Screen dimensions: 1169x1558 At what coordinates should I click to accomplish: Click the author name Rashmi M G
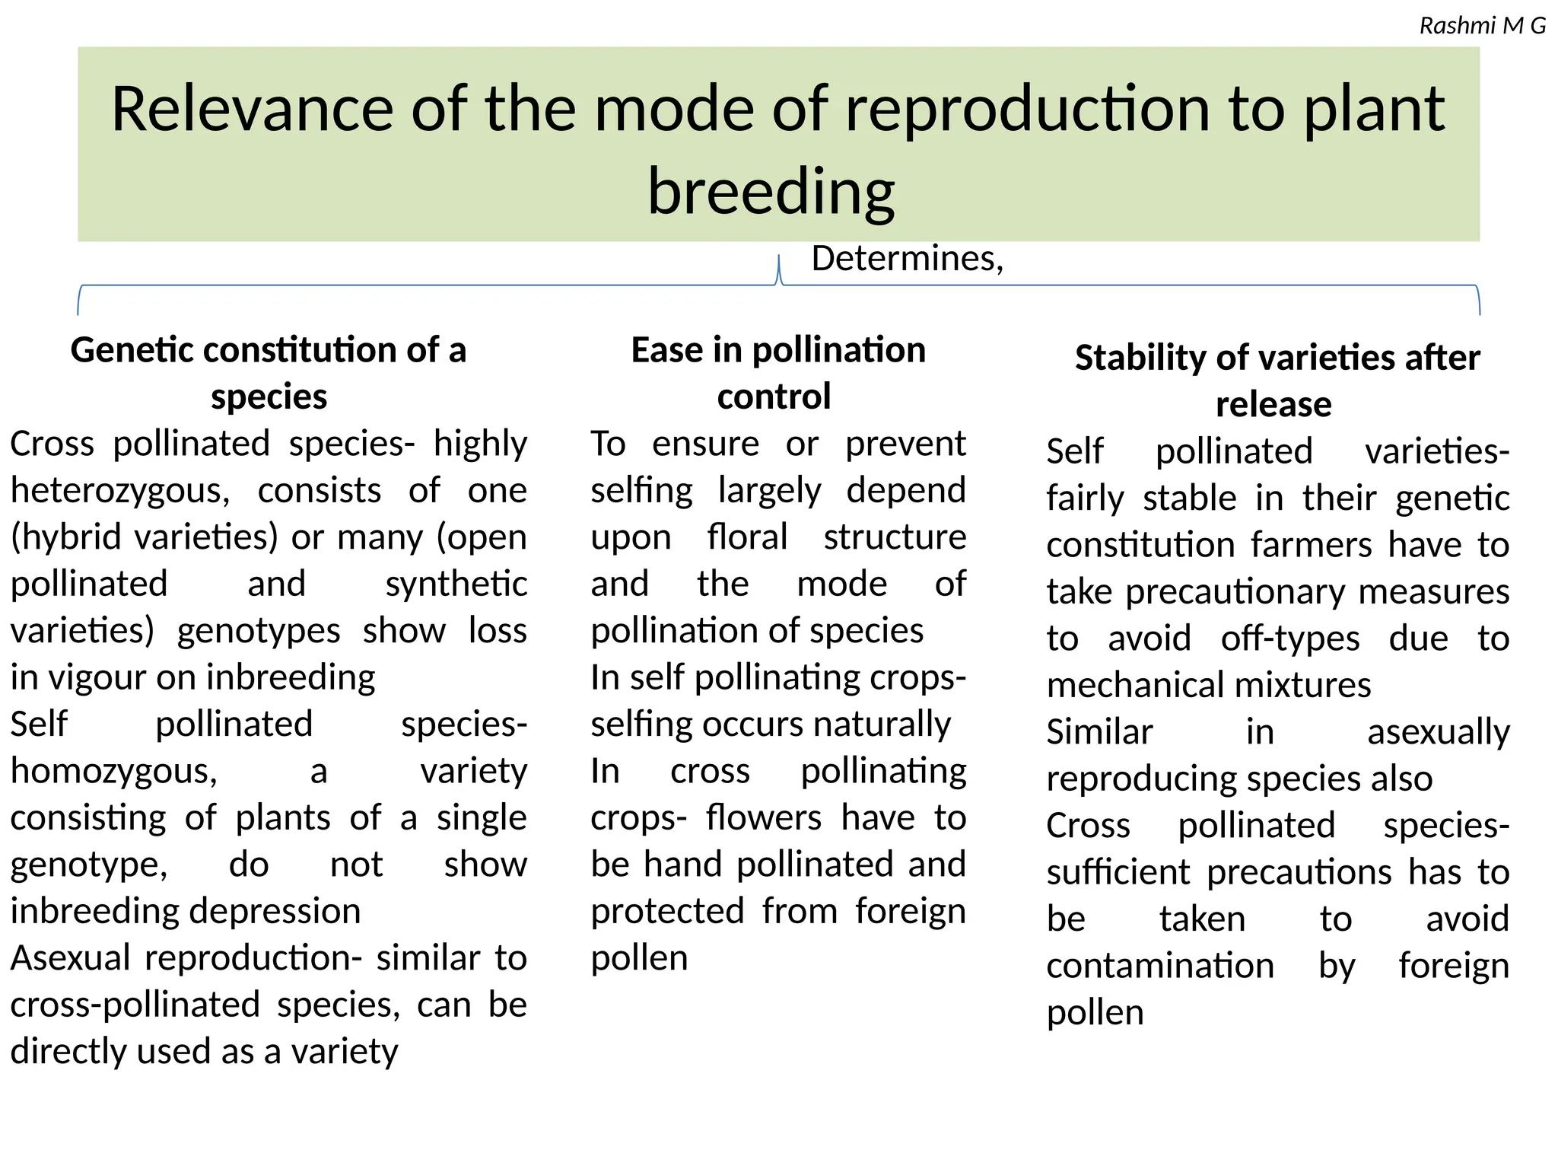(1482, 26)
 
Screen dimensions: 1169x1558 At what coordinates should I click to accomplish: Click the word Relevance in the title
(252, 109)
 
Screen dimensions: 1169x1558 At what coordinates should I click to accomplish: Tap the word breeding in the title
(771, 192)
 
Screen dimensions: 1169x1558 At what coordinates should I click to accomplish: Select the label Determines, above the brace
(907, 259)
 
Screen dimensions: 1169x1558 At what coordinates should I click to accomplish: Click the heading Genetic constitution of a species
(269, 373)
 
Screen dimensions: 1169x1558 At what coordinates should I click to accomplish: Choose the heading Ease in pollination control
(777, 373)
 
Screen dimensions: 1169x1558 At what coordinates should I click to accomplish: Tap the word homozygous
(113, 772)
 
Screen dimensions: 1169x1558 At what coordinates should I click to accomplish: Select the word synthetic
(456, 584)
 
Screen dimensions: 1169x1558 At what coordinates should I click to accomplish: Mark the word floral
(747, 537)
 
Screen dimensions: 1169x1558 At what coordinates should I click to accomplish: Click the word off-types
(1289, 639)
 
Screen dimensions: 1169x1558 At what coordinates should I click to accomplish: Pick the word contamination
(1160, 967)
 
